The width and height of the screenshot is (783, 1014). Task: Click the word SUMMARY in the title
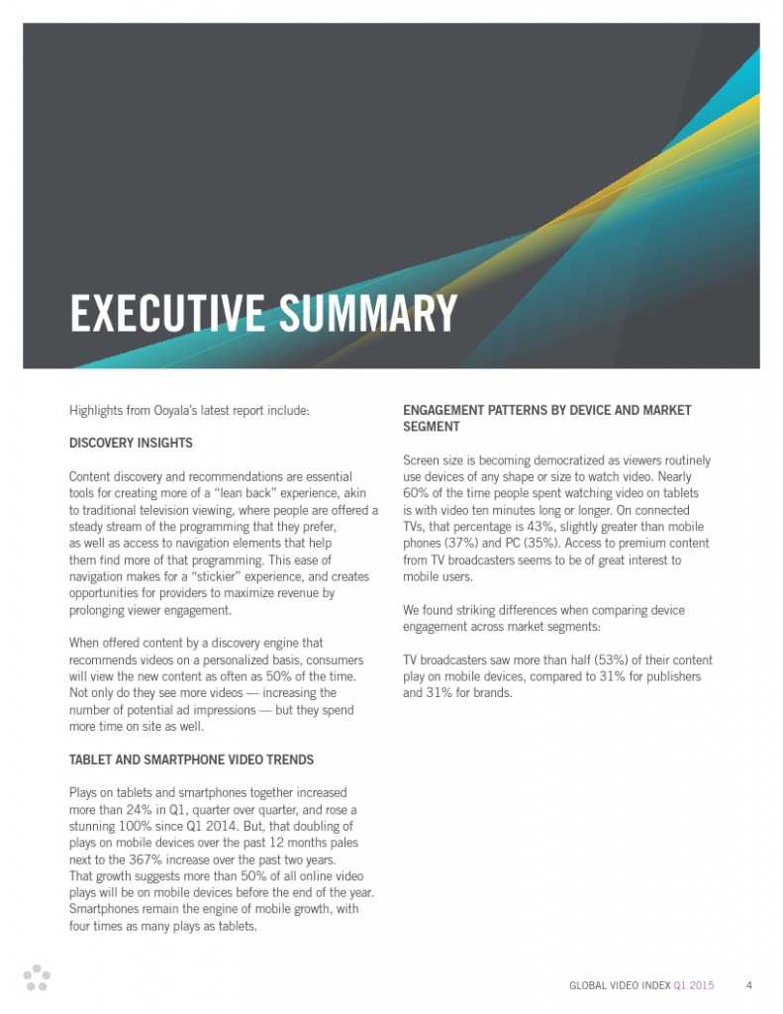click(367, 314)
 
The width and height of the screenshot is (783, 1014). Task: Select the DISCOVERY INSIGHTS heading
click(131, 443)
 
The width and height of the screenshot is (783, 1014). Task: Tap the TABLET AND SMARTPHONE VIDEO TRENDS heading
click(191, 760)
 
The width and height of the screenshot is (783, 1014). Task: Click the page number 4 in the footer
click(749, 985)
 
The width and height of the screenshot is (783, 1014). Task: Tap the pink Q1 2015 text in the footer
click(693, 985)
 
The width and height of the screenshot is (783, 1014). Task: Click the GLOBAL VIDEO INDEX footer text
click(619, 985)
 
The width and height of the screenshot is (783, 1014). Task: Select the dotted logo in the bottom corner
click(37, 976)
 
